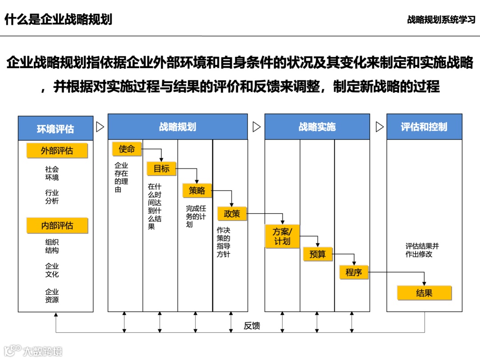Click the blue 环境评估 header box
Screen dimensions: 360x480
(x=56, y=129)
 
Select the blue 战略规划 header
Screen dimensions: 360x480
(x=177, y=127)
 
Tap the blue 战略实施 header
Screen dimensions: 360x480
(x=317, y=127)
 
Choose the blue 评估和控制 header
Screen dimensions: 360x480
(x=424, y=127)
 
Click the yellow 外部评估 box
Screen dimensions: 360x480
(x=57, y=151)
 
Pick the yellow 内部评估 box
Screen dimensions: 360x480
(x=57, y=225)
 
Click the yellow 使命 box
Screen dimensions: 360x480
(x=127, y=149)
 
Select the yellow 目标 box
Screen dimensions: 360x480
(x=161, y=169)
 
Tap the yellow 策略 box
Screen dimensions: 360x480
(x=197, y=191)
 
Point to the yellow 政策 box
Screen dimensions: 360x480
(x=232, y=214)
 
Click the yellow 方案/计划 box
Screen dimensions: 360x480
(x=282, y=236)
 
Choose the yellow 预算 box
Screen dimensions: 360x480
(x=317, y=254)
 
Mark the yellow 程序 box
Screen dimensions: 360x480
(x=354, y=272)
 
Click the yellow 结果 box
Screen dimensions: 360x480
(x=424, y=293)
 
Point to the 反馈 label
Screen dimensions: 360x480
(x=252, y=326)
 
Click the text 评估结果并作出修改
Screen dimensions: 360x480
(x=422, y=250)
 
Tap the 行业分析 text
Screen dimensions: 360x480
(x=52, y=197)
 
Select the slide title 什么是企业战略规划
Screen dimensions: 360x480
(x=58, y=20)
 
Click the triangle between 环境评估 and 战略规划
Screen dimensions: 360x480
(x=100, y=127)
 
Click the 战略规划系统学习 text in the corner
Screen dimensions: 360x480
(x=441, y=20)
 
